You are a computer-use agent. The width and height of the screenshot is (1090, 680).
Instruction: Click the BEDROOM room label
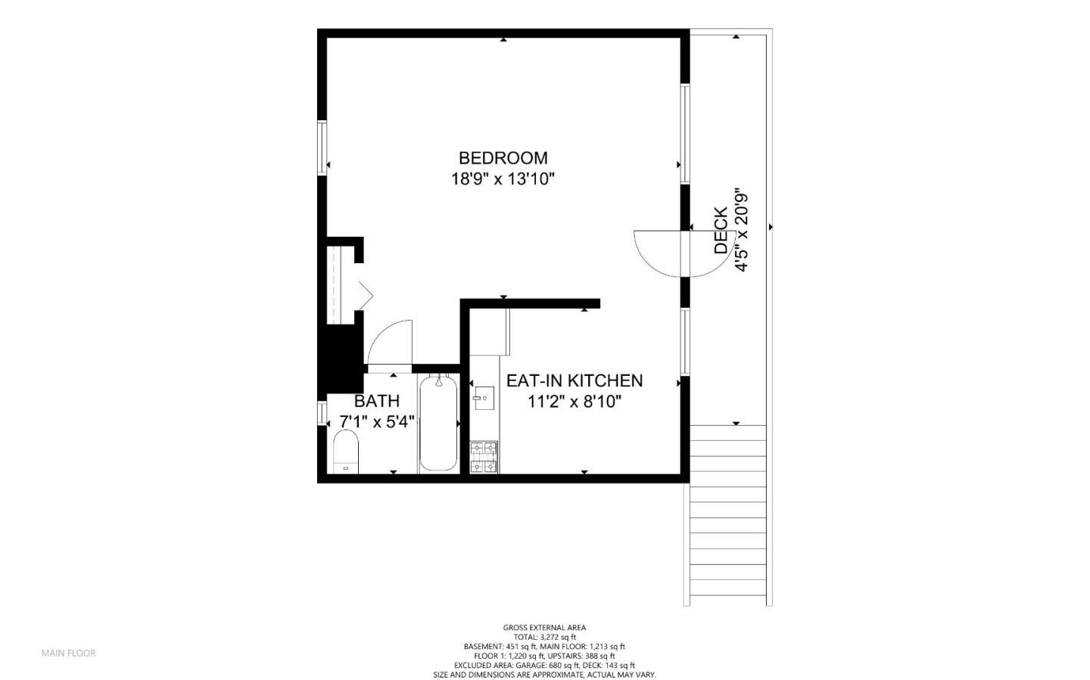503,158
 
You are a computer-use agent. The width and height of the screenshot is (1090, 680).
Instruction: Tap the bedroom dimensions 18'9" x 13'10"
503,179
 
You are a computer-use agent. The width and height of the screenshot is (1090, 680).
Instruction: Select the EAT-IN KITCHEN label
575,380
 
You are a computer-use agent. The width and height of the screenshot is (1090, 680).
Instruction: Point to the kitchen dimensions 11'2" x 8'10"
575,402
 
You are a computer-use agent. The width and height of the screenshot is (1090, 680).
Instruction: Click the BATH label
377,402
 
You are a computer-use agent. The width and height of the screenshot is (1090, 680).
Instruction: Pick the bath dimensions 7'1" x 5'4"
377,422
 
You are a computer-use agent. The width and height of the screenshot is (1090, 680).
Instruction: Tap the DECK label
721,230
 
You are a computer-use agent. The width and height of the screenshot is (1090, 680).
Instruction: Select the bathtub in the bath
438,424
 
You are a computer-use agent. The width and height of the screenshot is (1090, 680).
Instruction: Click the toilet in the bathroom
346,452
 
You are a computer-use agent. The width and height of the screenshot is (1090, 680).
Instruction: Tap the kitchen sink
484,399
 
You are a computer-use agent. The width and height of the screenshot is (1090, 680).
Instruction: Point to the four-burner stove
484,457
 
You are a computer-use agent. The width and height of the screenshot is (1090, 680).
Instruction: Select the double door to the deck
684,253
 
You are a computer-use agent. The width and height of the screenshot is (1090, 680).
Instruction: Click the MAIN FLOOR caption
69,654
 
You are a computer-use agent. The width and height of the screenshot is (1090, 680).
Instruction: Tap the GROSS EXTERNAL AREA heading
544,628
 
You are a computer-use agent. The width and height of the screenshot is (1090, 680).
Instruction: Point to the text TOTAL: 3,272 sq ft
545,637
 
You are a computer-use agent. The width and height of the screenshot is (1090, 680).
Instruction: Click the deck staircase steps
728,516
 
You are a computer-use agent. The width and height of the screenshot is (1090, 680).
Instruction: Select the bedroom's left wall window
322,147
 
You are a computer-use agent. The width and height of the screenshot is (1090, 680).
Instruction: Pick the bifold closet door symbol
366,295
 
